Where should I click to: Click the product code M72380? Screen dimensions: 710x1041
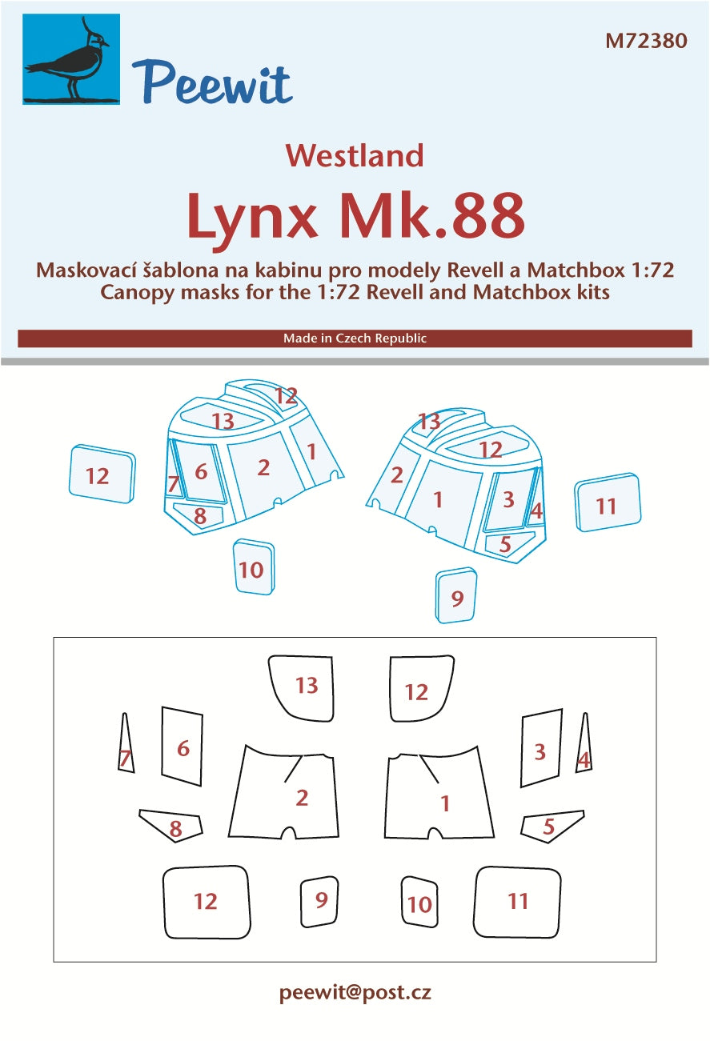point(646,41)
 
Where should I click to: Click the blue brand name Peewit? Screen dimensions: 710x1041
point(212,82)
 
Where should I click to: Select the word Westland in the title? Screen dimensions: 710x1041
point(355,156)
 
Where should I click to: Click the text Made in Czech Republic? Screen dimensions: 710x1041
point(355,338)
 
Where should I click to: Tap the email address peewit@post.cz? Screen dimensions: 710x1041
point(355,993)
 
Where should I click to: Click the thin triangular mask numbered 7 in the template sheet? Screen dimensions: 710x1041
point(126,743)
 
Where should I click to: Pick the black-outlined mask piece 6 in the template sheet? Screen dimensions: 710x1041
point(183,746)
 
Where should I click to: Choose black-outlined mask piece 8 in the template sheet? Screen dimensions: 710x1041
point(171,826)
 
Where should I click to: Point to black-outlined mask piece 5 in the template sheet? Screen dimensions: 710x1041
point(552,827)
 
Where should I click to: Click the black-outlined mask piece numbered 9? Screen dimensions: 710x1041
point(319,902)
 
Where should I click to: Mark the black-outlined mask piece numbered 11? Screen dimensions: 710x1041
point(517,902)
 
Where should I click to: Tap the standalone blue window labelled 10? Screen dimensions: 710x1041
point(254,567)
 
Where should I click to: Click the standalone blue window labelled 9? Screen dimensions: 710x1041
point(456,595)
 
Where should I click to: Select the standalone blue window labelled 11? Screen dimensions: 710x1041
point(608,502)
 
